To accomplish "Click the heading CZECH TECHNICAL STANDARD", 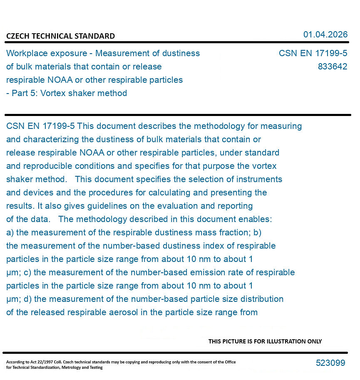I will click(x=60, y=36).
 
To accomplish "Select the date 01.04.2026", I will click(x=325, y=35).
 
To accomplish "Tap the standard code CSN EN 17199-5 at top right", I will click(x=313, y=54).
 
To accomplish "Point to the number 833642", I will click(x=332, y=67).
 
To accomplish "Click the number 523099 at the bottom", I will click(x=330, y=363).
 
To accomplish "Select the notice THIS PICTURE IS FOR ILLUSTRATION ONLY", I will click(x=265, y=341).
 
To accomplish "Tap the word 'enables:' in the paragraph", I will click(x=257, y=219).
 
